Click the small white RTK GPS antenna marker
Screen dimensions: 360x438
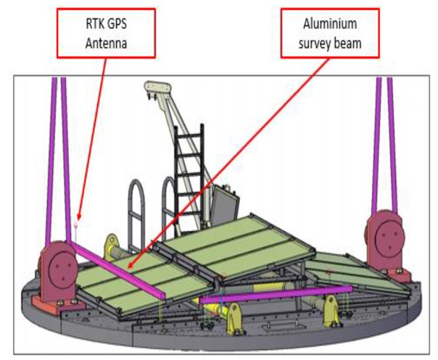(x=76, y=225)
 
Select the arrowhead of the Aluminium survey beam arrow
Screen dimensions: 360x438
(x=130, y=267)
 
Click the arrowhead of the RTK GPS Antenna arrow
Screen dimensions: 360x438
(x=76, y=219)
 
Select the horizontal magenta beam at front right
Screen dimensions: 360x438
(x=276, y=294)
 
